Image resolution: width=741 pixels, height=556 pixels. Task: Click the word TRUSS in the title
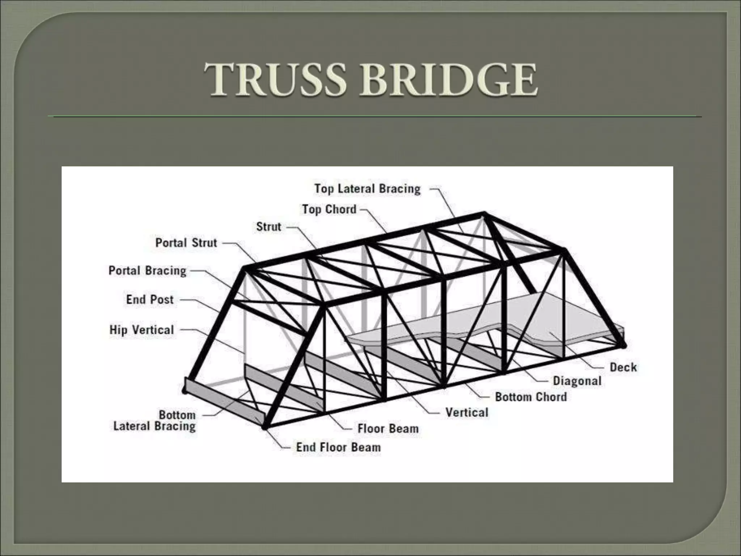click(x=275, y=80)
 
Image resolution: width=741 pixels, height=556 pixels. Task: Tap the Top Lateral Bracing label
click(x=367, y=189)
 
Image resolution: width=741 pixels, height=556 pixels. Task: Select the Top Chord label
click(x=329, y=209)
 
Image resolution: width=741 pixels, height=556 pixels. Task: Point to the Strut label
click(x=268, y=227)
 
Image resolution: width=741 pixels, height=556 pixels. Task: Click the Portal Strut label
click(x=186, y=243)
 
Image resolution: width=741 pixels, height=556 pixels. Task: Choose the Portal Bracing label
click(x=147, y=271)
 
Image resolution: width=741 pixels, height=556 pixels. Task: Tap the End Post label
click(x=150, y=300)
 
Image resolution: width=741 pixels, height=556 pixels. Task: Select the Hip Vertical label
click(x=141, y=330)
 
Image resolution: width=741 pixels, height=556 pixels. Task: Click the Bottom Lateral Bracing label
click(x=154, y=421)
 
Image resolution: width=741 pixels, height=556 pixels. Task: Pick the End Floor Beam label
click(x=338, y=447)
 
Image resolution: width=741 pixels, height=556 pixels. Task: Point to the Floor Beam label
click(x=388, y=429)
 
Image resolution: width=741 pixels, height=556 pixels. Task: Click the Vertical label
click(x=467, y=413)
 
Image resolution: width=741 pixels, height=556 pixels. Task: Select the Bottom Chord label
click(x=531, y=397)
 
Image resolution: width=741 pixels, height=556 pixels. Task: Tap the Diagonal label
click(x=577, y=381)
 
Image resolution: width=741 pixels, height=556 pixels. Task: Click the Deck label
click(x=623, y=367)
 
